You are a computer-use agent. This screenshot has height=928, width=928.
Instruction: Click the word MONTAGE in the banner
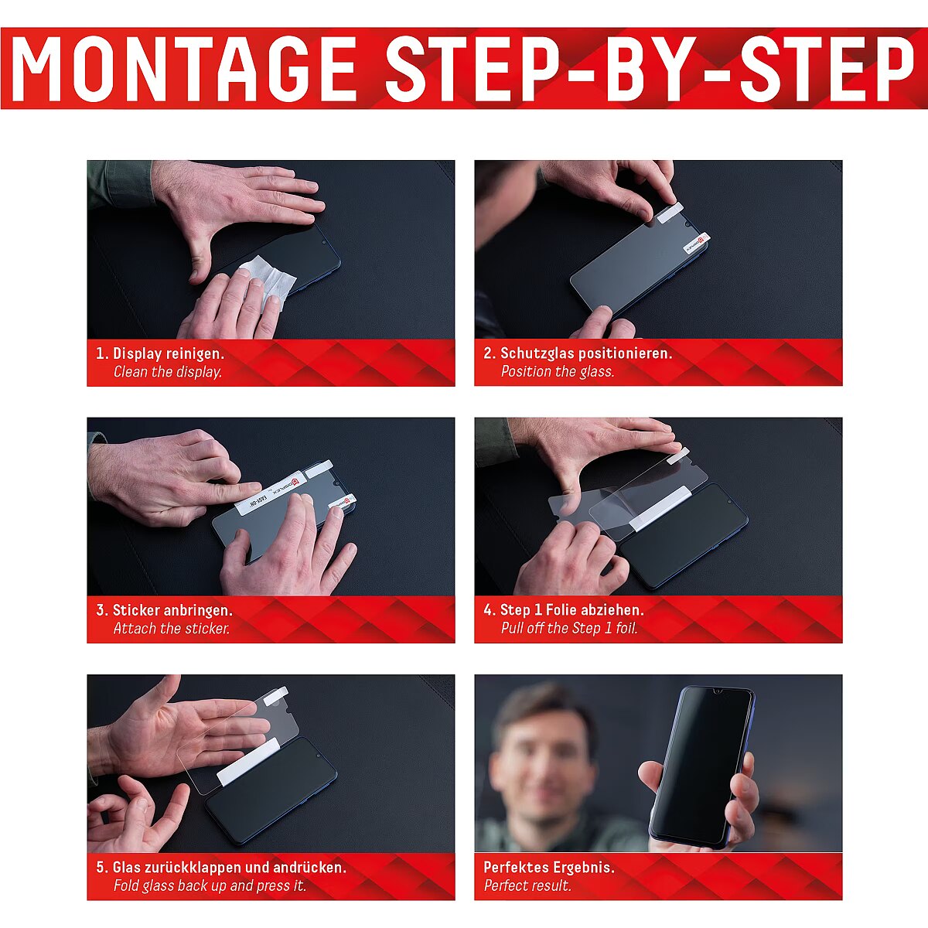tap(184, 68)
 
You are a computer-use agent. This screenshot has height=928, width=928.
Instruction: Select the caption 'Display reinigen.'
tap(168, 353)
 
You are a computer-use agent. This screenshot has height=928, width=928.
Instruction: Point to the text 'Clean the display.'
tap(168, 372)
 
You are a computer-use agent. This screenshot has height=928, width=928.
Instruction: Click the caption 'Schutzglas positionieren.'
tap(585, 353)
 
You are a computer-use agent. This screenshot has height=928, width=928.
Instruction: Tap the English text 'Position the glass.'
tap(557, 371)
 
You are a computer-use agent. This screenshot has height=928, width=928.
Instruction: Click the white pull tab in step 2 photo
tap(670, 213)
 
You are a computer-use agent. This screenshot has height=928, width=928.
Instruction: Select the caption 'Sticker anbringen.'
tap(172, 610)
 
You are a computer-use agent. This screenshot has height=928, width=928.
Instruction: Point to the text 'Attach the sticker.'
tap(172, 629)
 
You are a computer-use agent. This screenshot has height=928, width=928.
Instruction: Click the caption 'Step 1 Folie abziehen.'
tap(571, 609)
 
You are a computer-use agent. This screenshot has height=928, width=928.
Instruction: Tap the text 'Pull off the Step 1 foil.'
tap(568, 628)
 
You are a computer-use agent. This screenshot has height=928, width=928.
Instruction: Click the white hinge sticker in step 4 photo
tap(658, 509)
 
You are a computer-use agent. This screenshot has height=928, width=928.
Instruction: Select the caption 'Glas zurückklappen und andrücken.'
tap(229, 868)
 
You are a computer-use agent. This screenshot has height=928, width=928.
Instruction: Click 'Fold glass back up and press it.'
tap(210, 885)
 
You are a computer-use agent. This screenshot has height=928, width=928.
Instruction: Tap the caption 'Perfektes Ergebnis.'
tap(549, 868)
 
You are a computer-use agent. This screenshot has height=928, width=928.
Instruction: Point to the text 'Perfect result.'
tap(527, 885)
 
